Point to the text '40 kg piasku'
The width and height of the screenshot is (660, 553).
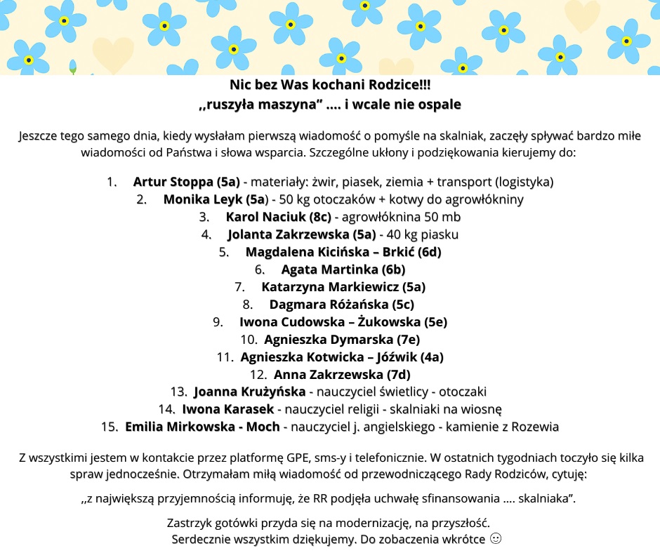tap(425, 234)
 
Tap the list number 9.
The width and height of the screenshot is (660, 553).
tap(217, 322)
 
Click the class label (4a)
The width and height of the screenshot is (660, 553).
tap(428, 357)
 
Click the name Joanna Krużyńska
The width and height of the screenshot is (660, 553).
tap(249, 392)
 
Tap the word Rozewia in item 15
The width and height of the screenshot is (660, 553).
tap(536, 427)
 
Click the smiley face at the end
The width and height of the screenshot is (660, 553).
tap(496, 540)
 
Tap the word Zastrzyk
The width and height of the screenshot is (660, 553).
tap(191, 523)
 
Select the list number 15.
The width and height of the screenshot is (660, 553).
tap(109, 427)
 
